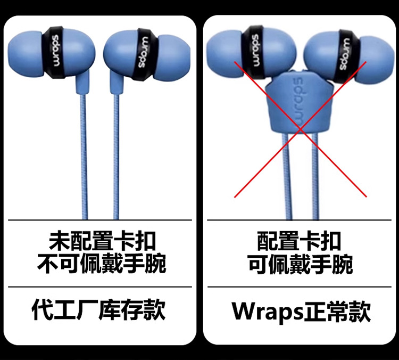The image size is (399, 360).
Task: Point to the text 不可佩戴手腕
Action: [x=102, y=263]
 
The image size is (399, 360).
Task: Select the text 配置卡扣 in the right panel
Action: [x=300, y=241]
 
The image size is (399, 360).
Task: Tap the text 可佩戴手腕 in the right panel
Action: [x=300, y=263]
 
